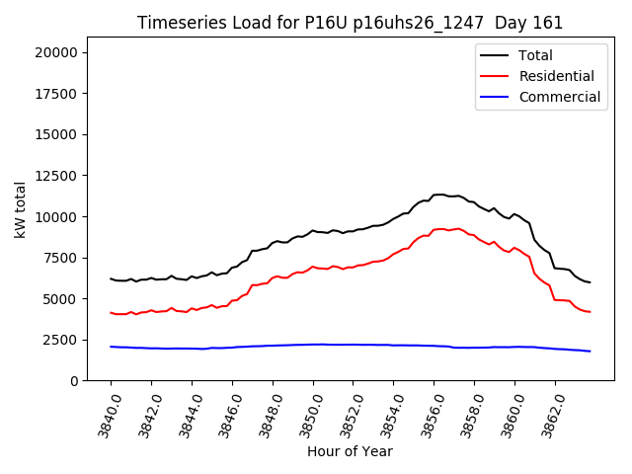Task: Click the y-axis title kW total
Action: point(21,209)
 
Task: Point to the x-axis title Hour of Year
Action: point(350,451)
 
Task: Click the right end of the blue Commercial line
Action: point(590,351)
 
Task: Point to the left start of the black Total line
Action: point(111,278)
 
